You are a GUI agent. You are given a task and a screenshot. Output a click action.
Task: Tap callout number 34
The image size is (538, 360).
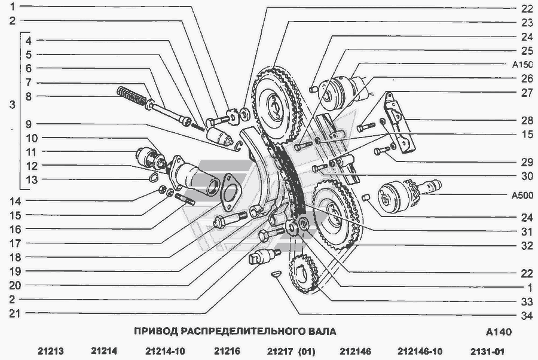coord(526,315)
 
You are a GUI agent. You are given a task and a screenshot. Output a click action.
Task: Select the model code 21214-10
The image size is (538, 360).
coord(165,351)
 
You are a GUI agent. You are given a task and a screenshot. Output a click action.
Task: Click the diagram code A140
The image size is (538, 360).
coord(499,332)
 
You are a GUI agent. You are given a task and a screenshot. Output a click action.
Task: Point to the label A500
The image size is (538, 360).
coord(522,196)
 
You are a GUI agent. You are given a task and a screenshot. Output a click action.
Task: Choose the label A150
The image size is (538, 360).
coord(522,65)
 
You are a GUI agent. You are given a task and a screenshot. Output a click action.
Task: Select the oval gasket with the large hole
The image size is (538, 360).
coord(231,192)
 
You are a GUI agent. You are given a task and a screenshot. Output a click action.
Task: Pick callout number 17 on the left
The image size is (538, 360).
coord(15,243)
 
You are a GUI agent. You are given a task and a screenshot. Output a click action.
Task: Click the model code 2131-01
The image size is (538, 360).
coord(487,352)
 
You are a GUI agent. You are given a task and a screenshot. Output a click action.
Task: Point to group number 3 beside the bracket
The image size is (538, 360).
coord(13,104)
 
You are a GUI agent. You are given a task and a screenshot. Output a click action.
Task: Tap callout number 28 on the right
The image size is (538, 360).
coord(527,120)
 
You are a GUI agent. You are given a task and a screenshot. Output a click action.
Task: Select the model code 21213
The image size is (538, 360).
coord(51,351)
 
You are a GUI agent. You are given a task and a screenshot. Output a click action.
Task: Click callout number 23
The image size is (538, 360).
coord(527,23)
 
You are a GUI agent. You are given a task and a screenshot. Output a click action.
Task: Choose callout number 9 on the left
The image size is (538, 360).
coord(29,124)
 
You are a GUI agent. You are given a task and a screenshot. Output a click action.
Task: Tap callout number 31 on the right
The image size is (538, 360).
coord(526,231)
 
